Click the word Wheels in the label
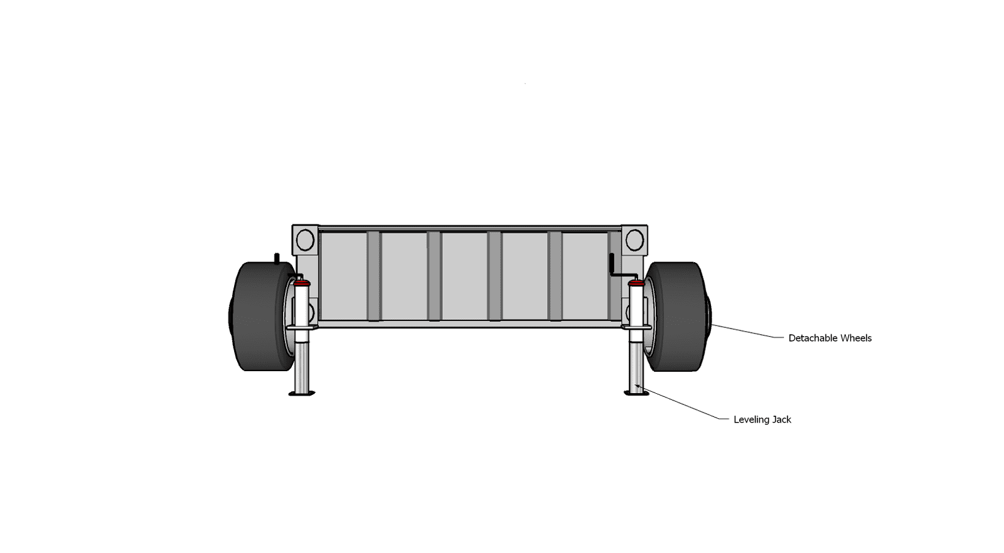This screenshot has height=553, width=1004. (x=856, y=338)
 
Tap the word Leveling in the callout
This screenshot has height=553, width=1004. (x=752, y=419)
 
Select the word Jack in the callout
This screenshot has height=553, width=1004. (x=782, y=419)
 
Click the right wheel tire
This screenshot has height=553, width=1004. (x=677, y=316)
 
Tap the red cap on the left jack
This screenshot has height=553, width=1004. (x=302, y=283)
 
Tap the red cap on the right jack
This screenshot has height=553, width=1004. (x=636, y=283)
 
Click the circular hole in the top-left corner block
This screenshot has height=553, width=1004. (x=305, y=240)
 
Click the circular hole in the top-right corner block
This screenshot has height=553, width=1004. (x=634, y=240)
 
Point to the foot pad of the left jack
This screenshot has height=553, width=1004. (x=302, y=394)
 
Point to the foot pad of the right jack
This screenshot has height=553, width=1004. (x=636, y=393)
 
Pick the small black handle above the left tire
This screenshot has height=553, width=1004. (x=277, y=259)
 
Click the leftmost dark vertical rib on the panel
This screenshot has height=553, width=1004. (x=373, y=276)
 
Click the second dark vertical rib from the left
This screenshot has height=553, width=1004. (x=434, y=276)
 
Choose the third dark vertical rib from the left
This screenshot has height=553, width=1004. (x=494, y=276)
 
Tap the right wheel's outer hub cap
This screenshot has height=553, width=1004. (x=708, y=315)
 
